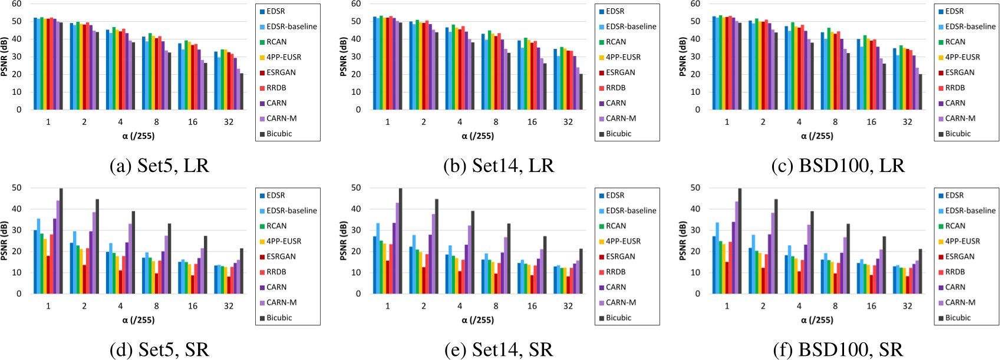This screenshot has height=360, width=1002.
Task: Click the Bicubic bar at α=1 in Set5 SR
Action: coord(61,241)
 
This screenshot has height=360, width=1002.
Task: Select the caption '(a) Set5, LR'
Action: coord(160,166)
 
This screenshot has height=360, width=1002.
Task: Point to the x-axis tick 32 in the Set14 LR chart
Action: coord(568,122)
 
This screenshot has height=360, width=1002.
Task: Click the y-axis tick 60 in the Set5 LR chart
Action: coord(17,4)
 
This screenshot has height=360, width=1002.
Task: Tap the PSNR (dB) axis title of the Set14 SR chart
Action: coord(344,240)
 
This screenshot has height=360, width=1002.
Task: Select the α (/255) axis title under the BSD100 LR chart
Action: coord(817,136)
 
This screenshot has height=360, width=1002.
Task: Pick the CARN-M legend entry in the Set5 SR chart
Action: coord(282,302)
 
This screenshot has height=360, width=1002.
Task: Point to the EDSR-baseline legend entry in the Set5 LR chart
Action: coord(291,27)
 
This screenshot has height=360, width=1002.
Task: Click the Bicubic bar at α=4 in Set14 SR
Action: coord(472,252)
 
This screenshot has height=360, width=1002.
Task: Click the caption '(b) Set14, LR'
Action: coord(499,166)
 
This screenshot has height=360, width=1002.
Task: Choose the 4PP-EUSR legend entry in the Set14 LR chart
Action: coord(624,57)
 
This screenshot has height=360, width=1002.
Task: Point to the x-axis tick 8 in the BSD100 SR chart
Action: coord(835,306)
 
